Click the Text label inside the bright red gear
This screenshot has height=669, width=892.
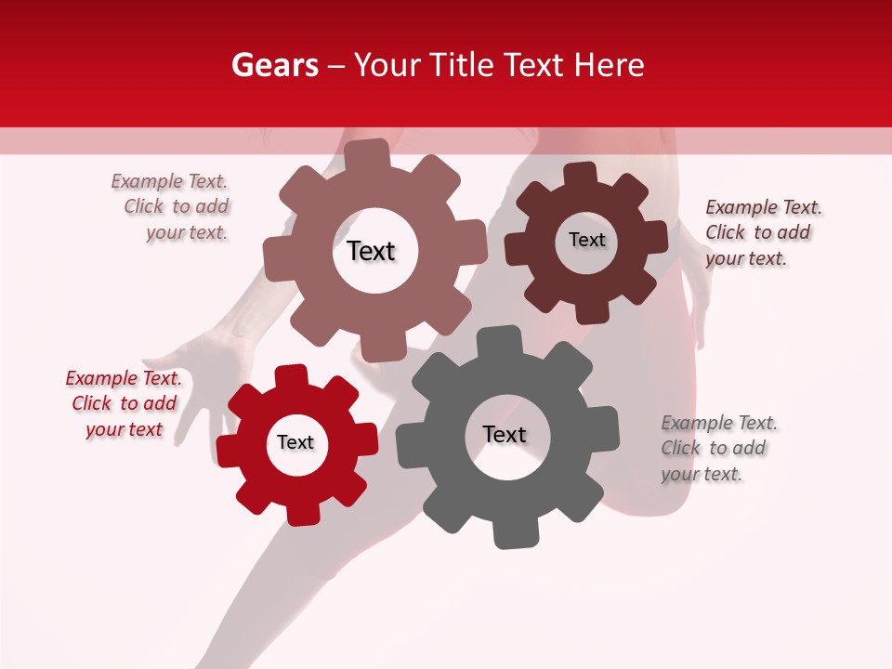click(295, 443)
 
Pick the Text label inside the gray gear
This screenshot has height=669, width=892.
click(505, 435)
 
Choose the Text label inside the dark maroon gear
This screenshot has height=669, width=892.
click(586, 240)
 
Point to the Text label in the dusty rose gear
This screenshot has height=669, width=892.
click(371, 251)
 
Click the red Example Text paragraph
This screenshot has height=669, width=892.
click(124, 404)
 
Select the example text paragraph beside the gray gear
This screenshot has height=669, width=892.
click(719, 449)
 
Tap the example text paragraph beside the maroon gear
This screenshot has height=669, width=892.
click(763, 232)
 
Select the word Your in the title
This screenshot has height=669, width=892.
click(389, 65)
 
